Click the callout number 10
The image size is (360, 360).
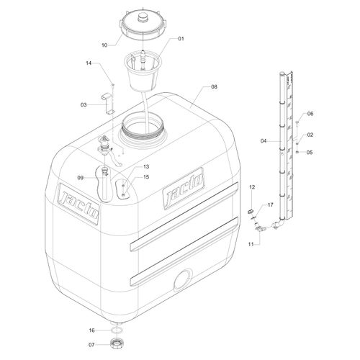tap(104, 45)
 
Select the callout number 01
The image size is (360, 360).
tap(181, 39)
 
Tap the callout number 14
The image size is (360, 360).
tap(89, 63)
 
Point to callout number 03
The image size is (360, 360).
tap(84, 105)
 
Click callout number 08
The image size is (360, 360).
tap(214, 86)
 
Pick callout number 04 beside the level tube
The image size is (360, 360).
tap(264, 141)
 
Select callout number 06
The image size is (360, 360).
tap(310, 114)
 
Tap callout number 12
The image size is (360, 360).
tap(252, 187)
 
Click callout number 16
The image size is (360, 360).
tap(92, 330)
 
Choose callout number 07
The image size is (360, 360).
tap(91, 345)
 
